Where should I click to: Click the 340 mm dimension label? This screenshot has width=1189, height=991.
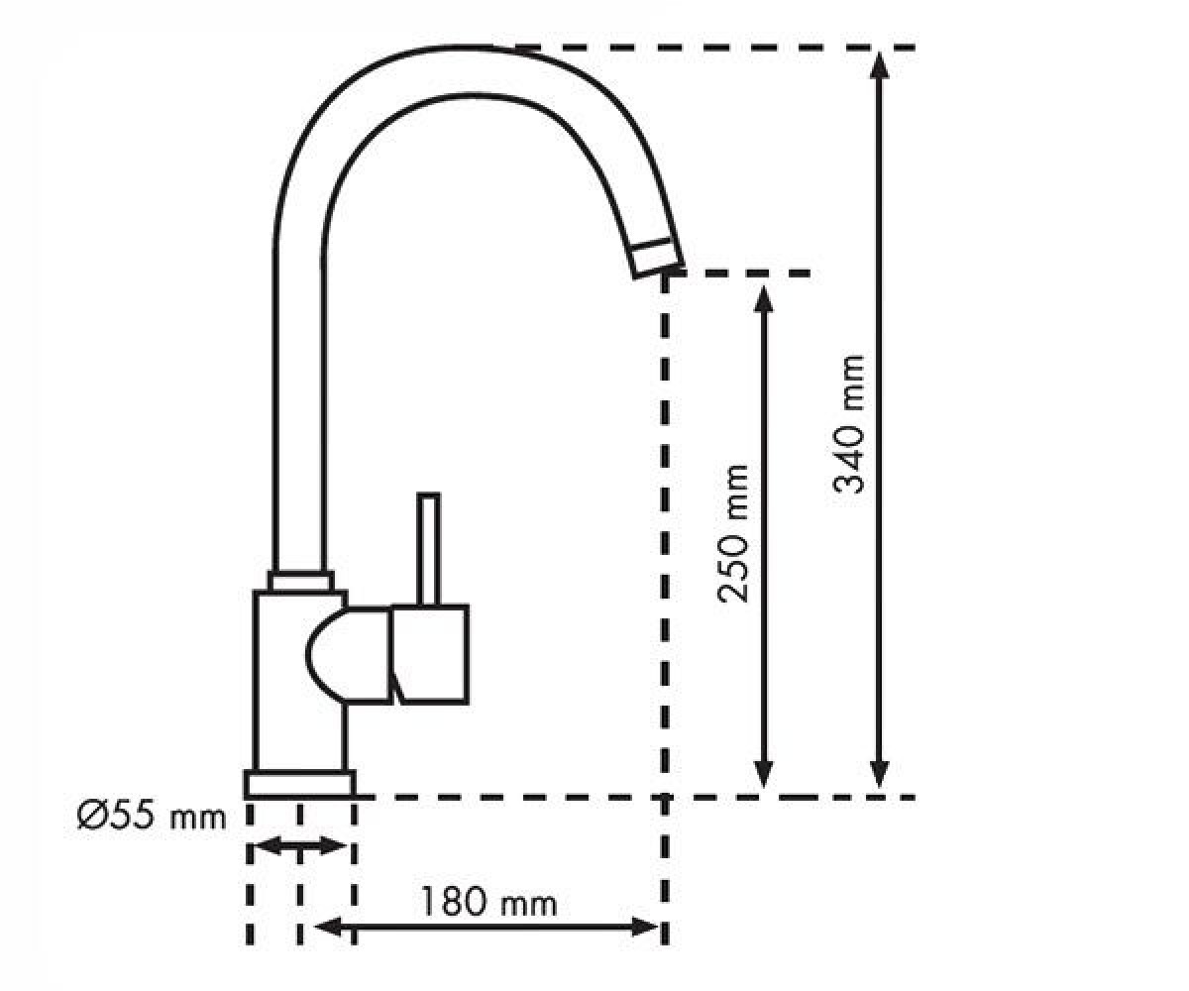[849, 424]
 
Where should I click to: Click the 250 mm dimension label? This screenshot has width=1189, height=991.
[733, 534]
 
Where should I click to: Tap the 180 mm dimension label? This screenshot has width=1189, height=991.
[488, 902]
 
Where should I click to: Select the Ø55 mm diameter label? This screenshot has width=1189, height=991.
[152, 817]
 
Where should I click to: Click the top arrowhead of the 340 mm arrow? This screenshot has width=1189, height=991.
[880, 65]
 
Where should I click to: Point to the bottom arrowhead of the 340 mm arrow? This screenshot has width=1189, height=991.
[880, 775]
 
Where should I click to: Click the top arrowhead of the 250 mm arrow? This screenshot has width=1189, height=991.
[763, 299]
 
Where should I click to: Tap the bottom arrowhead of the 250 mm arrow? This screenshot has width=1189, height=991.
[763, 775]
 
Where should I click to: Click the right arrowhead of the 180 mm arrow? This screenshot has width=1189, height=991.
[645, 928]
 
